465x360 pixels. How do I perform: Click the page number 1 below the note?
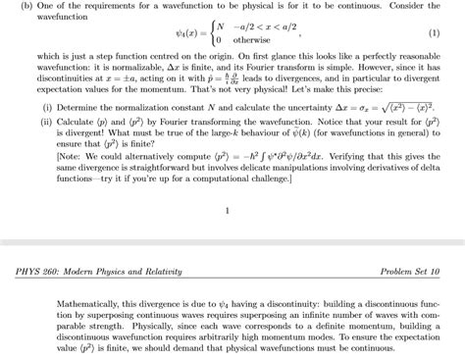(228, 210)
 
